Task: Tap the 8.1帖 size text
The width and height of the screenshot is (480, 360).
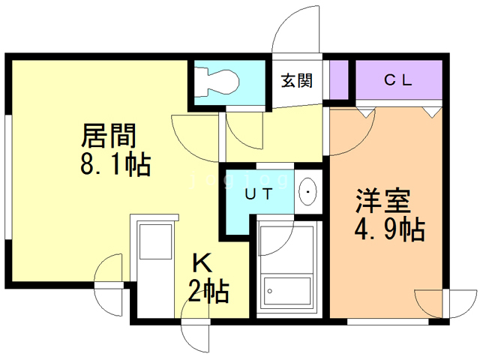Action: pyautogui.click(x=114, y=163)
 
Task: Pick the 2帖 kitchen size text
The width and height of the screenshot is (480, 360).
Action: pyautogui.click(x=209, y=289)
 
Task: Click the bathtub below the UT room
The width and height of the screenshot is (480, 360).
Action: pyautogui.click(x=287, y=270)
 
